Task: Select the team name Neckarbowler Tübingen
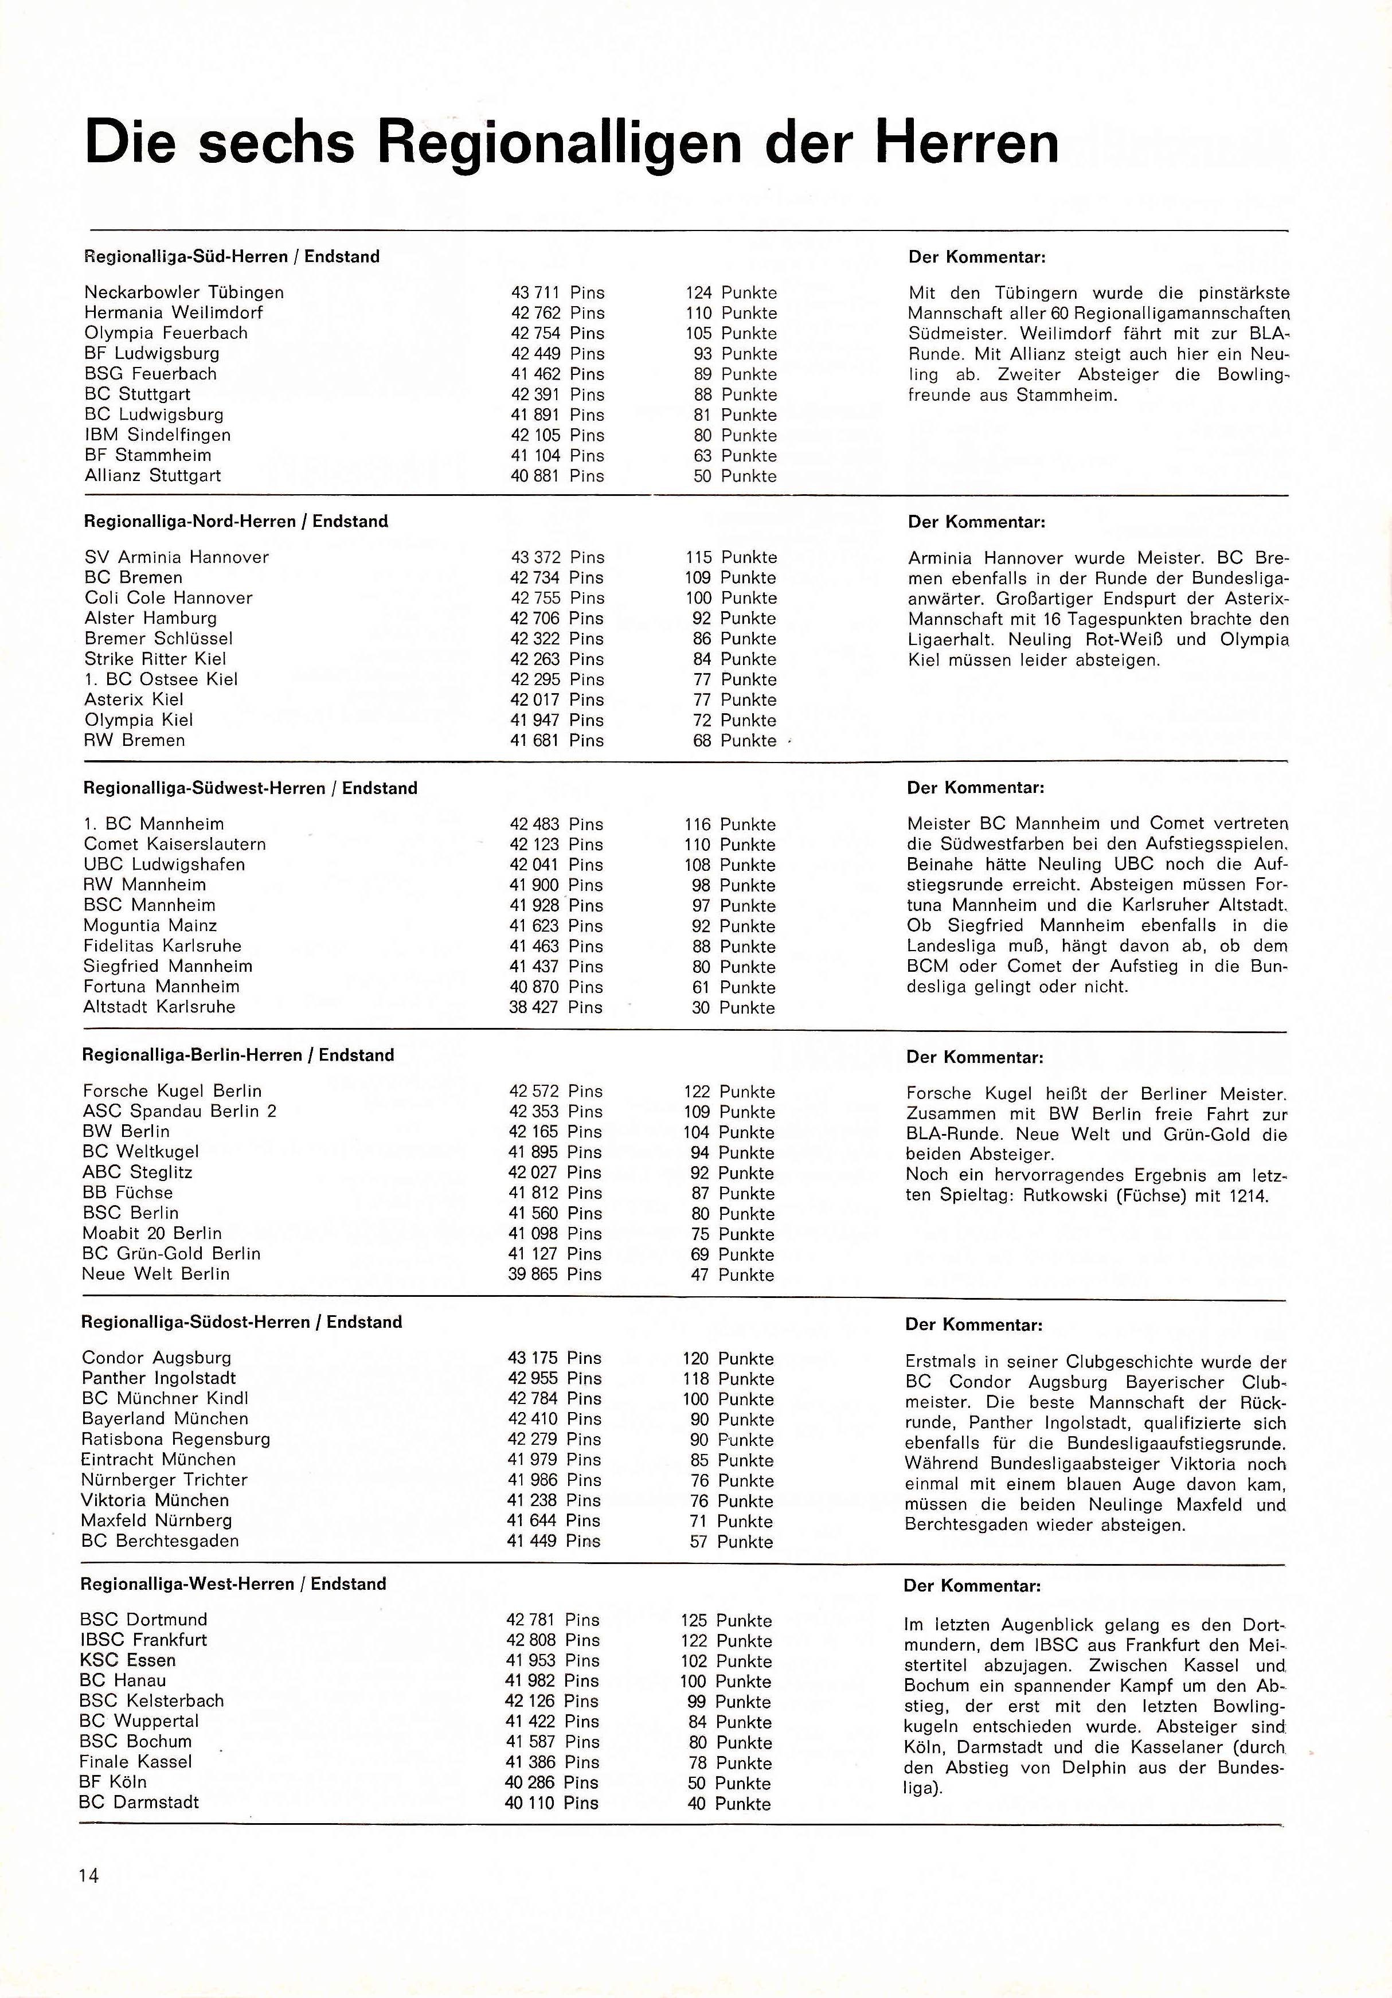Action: (183, 292)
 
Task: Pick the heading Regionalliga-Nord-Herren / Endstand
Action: (236, 521)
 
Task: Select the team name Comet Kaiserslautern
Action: (175, 844)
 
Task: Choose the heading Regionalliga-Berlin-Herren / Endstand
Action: (237, 1055)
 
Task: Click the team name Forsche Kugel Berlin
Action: (171, 1091)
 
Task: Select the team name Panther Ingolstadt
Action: (158, 1378)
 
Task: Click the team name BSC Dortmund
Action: (143, 1620)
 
